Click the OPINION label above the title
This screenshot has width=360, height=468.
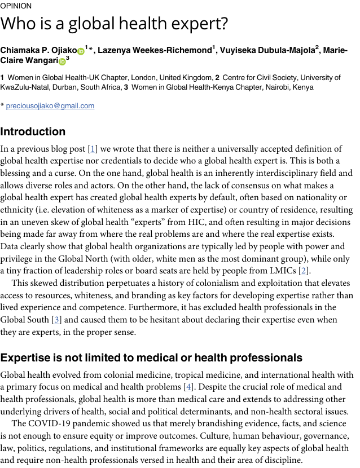(x=16, y=6)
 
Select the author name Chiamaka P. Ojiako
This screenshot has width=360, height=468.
(x=38, y=51)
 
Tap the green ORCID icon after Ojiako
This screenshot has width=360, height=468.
(x=81, y=51)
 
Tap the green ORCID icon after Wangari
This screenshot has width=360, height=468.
(x=62, y=61)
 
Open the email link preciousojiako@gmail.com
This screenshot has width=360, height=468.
(x=50, y=105)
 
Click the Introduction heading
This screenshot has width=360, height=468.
(x=33, y=132)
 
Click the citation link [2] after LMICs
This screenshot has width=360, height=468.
(x=305, y=271)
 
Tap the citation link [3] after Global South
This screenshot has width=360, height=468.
(x=56, y=320)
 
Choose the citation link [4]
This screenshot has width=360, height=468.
(x=188, y=387)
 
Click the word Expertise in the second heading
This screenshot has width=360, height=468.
(x=26, y=358)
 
